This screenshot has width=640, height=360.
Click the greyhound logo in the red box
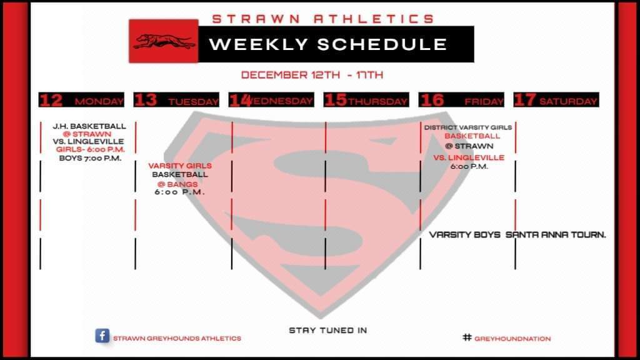(163, 41)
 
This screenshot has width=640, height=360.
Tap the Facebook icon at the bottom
(102, 336)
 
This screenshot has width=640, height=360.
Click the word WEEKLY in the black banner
(258, 44)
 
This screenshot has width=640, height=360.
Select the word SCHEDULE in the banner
(382, 44)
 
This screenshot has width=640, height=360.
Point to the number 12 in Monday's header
(51, 100)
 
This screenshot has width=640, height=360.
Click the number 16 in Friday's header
(432, 100)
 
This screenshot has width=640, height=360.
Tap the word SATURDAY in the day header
(568, 101)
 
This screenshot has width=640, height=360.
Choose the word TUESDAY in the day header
(194, 102)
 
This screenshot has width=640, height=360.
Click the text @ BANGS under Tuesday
(177, 184)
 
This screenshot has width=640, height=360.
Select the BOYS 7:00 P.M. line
(90, 158)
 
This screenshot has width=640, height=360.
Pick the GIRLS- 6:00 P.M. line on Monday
(90, 149)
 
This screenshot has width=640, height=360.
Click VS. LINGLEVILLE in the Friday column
(469, 157)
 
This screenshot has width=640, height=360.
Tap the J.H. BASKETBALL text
(89, 126)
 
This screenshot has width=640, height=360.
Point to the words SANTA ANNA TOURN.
(556, 235)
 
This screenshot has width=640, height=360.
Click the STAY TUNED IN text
(327, 330)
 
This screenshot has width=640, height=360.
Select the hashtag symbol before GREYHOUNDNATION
(467, 337)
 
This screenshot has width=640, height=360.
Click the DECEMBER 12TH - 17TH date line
(312, 75)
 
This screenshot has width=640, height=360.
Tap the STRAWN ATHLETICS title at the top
(323, 19)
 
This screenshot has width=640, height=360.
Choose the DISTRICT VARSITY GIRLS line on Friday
(467, 127)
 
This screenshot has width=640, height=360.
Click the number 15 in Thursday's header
(336, 100)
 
